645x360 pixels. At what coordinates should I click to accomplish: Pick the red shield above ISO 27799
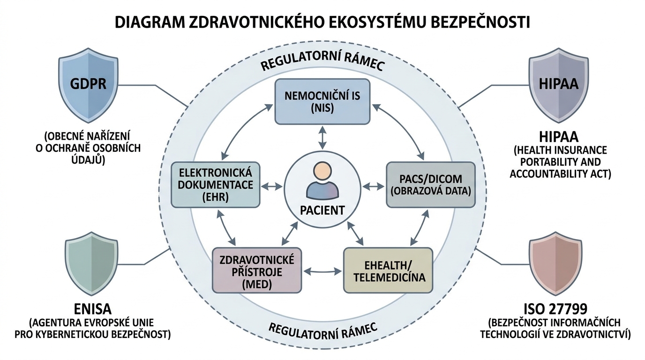(555, 265)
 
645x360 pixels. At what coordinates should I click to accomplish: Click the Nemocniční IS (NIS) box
(322, 102)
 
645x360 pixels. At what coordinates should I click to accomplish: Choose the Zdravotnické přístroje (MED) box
(257, 271)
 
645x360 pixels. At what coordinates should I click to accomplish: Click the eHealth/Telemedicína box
(388, 271)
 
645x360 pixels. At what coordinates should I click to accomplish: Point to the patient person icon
(322, 180)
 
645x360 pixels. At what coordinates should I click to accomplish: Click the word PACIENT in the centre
(322, 210)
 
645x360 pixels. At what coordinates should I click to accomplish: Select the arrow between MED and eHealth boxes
(322, 271)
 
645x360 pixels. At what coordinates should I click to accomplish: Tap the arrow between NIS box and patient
(322, 137)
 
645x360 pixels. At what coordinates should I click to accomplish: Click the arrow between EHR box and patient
(271, 187)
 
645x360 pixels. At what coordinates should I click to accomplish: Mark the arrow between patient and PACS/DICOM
(373, 187)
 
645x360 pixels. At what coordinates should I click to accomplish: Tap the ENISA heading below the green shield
(92, 309)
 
